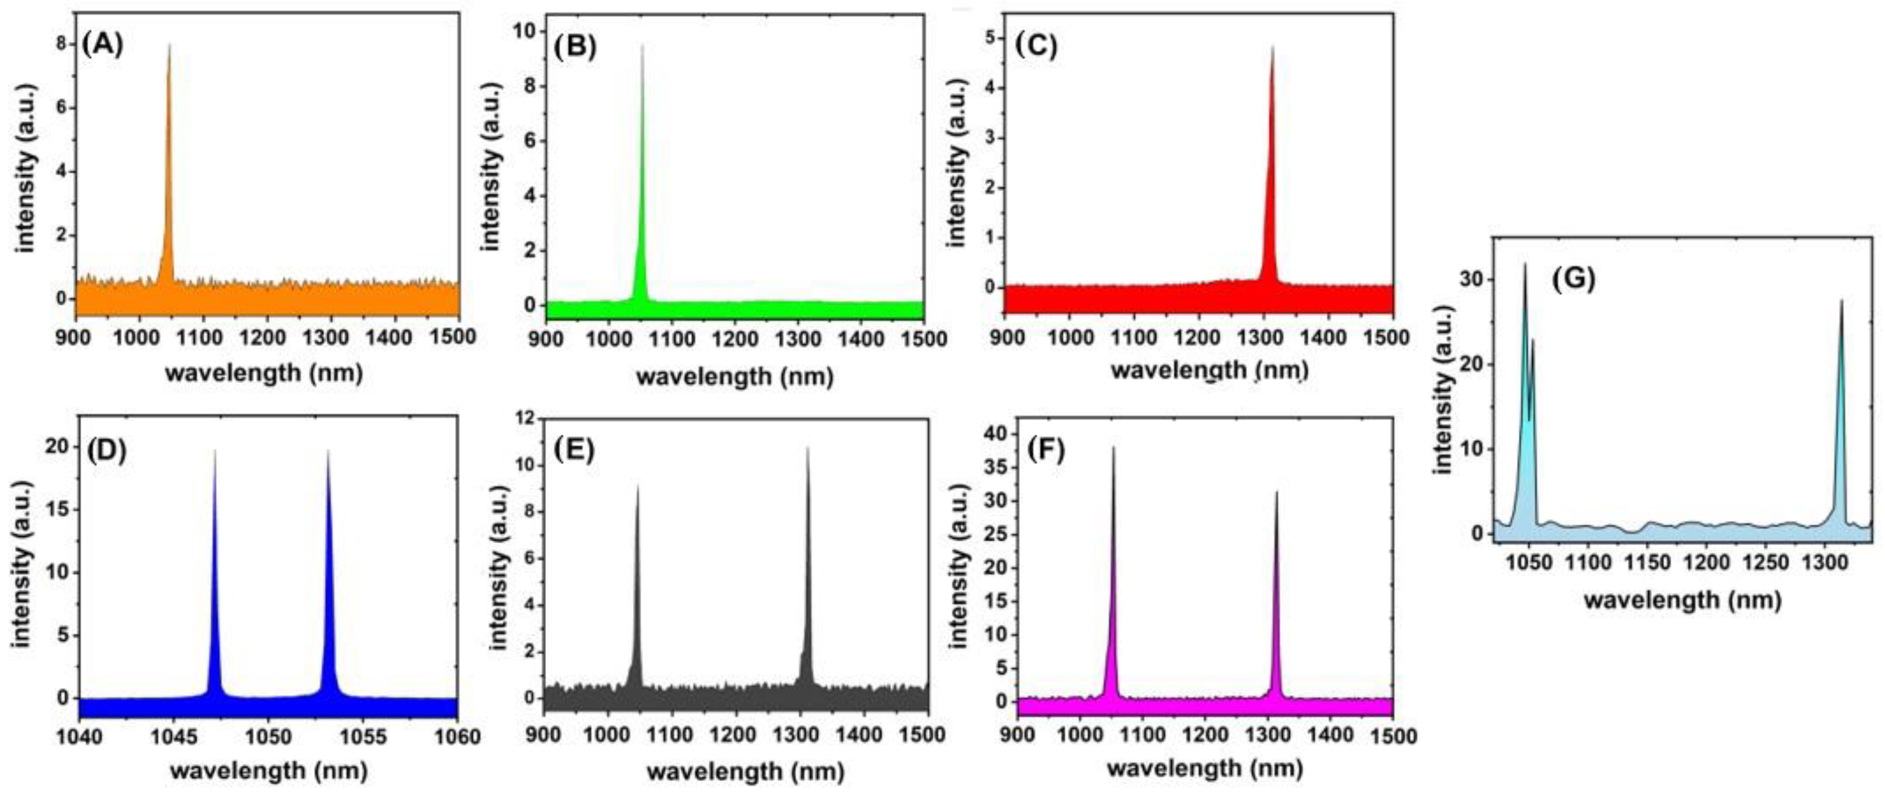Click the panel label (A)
click(x=102, y=46)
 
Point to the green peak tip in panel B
click(x=643, y=46)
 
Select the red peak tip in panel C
click(x=1272, y=47)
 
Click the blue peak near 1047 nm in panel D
click(x=214, y=452)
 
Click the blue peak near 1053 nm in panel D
click(x=328, y=452)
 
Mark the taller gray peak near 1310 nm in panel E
click(x=808, y=448)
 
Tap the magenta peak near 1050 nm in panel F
click(x=1113, y=448)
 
